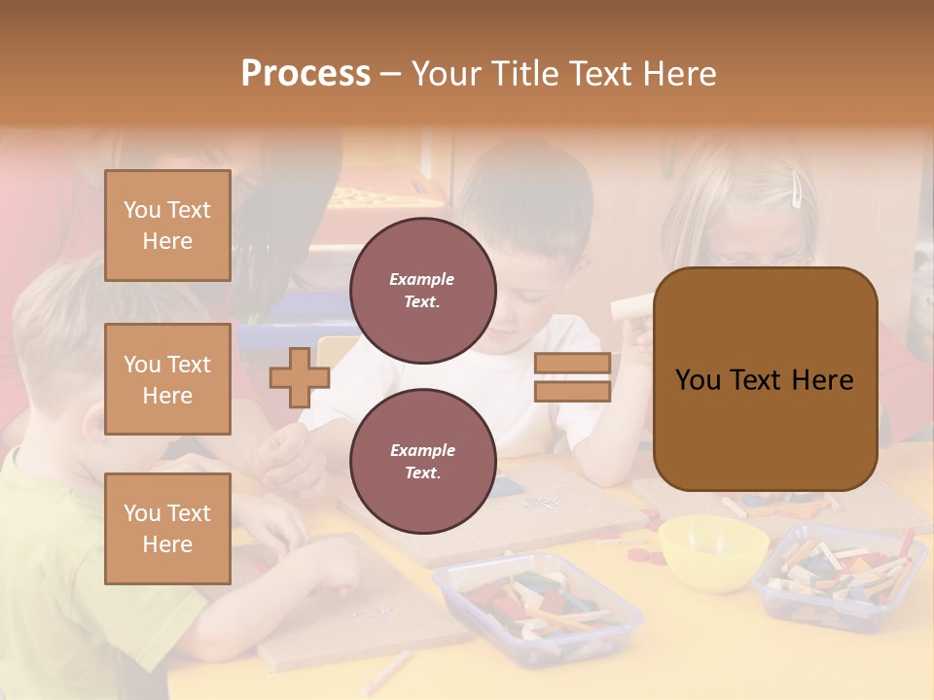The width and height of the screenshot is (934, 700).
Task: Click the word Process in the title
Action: click(305, 74)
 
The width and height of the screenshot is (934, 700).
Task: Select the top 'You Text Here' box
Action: click(167, 226)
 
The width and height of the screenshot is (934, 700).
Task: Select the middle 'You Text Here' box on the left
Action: click(167, 379)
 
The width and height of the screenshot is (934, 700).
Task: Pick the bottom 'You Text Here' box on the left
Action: click(167, 528)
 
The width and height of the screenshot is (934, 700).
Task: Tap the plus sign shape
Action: click(299, 377)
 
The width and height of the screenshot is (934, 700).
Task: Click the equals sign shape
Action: click(573, 377)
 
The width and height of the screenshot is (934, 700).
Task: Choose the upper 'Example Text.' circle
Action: click(422, 290)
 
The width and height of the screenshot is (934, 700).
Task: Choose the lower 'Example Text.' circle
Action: click(422, 461)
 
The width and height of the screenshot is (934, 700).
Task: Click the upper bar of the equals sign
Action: click(573, 364)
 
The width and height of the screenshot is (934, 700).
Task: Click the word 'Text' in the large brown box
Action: click(763, 380)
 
